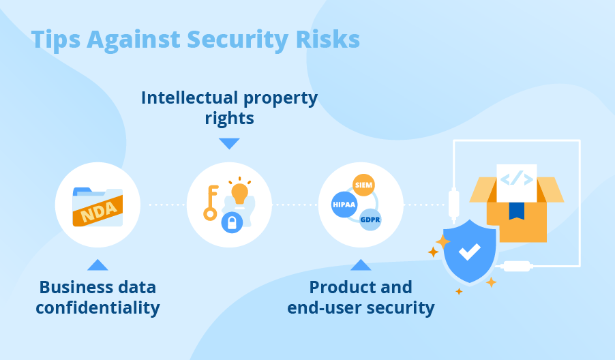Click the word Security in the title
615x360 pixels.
tap(238, 40)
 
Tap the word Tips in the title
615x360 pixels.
tap(56, 40)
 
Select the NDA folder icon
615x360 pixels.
tap(97, 207)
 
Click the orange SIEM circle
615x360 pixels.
tap(363, 185)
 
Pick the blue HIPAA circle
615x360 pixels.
tap(344, 205)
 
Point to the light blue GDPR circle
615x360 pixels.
tap(370, 220)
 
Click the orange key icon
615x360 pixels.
tap(211, 202)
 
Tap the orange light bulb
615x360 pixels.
tap(239, 192)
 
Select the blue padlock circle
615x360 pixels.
tap(232, 222)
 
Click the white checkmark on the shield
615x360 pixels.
tap(470, 252)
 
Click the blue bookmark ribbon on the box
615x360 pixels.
tap(517, 211)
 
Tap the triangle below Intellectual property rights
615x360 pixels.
tap(229, 143)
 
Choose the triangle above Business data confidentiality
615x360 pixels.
tap(97, 265)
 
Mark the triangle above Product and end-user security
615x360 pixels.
tap(361, 265)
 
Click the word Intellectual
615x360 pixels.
tap(190, 97)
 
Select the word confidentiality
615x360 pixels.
tap(97, 308)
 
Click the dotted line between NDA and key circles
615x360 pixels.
tap(167, 205)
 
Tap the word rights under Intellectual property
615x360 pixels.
tap(230, 119)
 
